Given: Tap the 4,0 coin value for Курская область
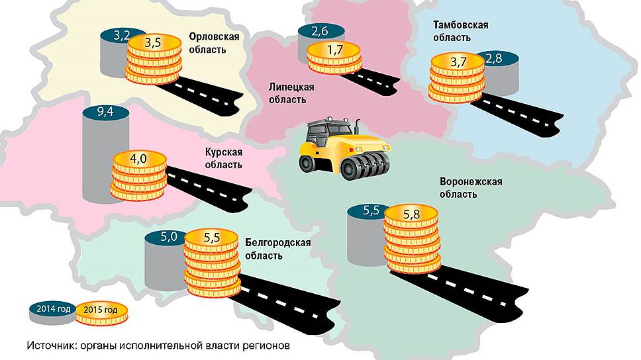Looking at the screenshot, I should click(138, 159).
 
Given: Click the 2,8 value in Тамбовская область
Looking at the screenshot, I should click(493, 60).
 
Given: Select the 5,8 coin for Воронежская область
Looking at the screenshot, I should click(411, 215).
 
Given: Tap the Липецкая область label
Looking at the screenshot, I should click(291, 93).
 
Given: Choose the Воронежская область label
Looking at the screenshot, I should click(471, 188).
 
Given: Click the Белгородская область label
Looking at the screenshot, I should click(278, 249).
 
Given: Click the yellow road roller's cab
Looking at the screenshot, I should click(329, 133).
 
